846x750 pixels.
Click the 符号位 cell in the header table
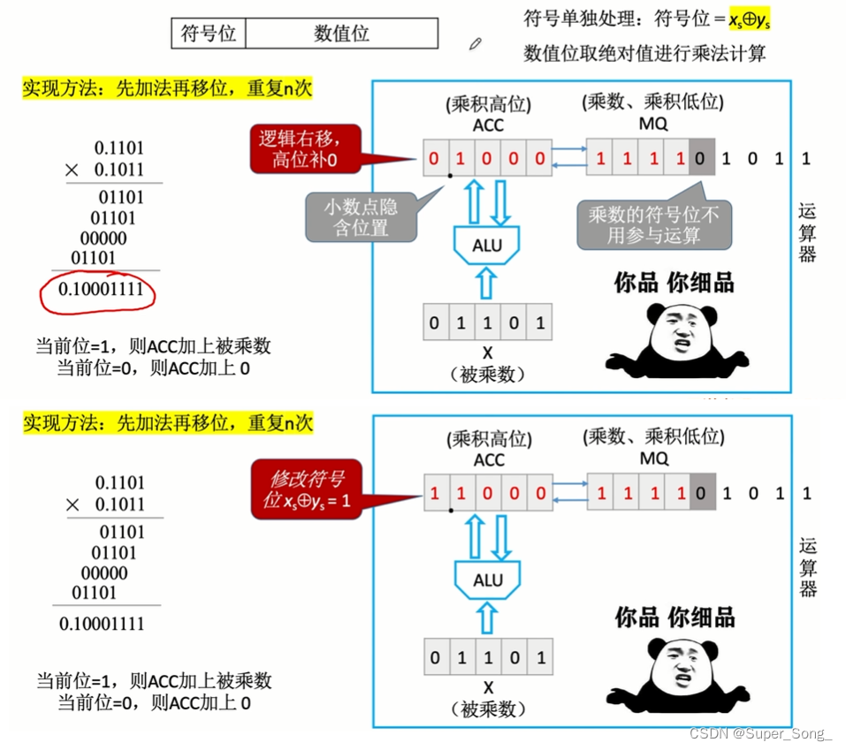click(x=208, y=34)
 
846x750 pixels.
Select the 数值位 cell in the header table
click(x=341, y=34)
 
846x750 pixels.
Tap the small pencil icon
click(x=476, y=42)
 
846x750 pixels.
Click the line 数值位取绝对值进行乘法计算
click(x=644, y=53)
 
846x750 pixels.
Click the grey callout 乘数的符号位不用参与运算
click(x=654, y=224)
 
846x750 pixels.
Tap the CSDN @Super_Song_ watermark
click(x=761, y=734)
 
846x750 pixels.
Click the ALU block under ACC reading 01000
click(x=487, y=245)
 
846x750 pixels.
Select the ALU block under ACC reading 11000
click(x=487, y=580)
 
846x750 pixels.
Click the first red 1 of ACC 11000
click(x=433, y=495)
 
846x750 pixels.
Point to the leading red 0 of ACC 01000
click(x=433, y=160)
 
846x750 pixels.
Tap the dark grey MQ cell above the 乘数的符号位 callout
click(x=700, y=160)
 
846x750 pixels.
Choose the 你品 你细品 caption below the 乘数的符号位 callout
click(x=675, y=283)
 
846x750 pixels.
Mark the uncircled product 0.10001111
click(x=102, y=625)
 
